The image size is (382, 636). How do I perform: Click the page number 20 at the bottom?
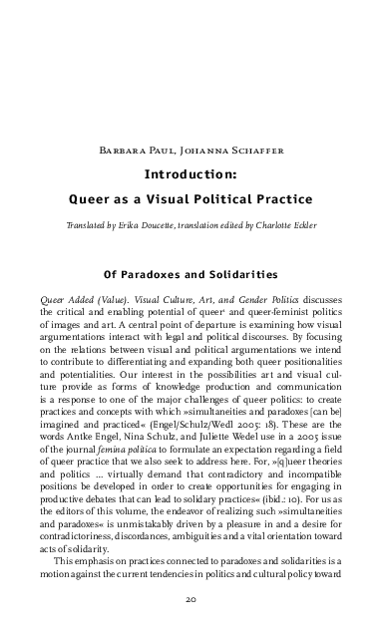[191, 601]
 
